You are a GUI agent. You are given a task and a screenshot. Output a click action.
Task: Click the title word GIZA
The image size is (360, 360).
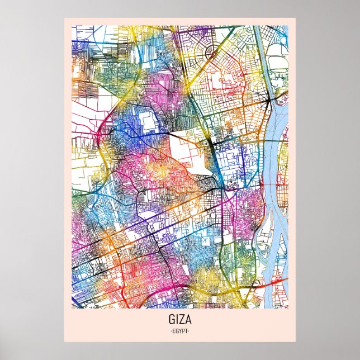(180, 321)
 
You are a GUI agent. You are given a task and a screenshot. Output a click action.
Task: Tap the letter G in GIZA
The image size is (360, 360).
(171, 321)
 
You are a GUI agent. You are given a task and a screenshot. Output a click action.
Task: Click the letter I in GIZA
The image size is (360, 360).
(176, 321)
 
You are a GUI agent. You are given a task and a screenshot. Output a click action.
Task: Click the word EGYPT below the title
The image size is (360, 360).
(180, 331)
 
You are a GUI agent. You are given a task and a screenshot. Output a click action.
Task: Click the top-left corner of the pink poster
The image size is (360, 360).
(64, 18)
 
